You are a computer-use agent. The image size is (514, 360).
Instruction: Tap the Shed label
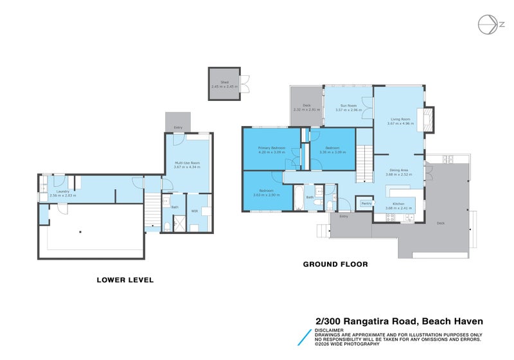[224, 82]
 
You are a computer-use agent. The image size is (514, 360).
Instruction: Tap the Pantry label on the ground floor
[366, 203]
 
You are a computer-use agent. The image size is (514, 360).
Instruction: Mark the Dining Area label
[397, 169]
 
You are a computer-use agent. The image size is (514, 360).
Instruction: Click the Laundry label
[62, 191]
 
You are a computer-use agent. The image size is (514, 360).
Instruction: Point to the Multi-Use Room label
[187, 163]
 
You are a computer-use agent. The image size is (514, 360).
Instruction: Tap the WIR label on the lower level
[195, 210]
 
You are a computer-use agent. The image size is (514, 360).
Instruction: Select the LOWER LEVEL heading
[125, 280]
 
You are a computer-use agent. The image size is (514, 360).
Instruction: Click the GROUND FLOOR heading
[335, 264]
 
